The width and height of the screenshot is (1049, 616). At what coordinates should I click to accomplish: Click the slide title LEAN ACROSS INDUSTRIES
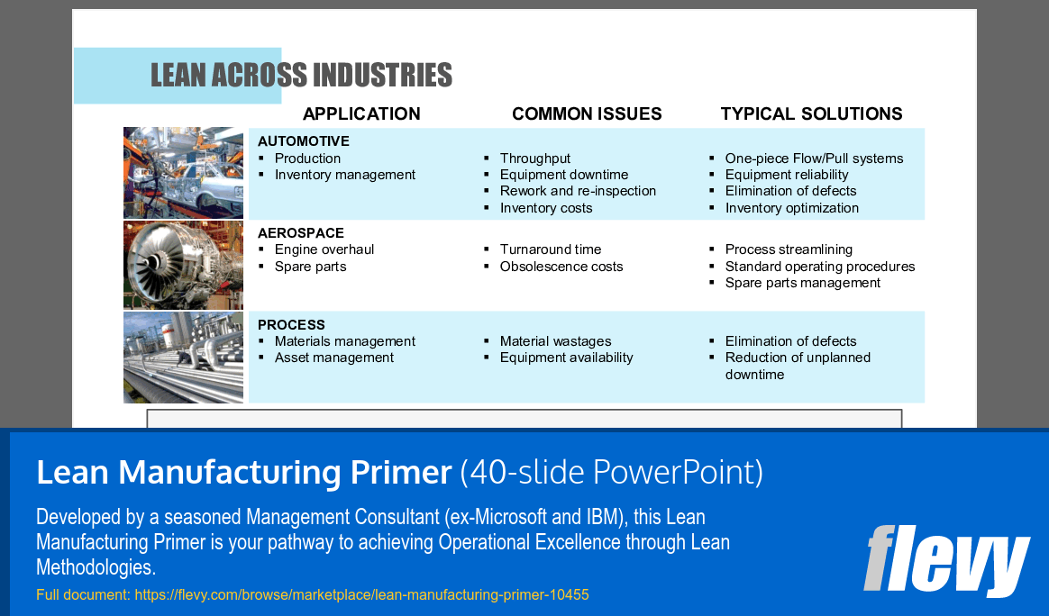click(x=301, y=76)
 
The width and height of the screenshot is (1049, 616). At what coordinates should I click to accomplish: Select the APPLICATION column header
click(x=361, y=114)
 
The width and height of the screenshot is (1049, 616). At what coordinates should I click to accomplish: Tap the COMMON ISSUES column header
click(x=587, y=114)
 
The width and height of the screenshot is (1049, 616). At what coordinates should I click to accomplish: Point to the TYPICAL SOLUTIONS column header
click(x=811, y=114)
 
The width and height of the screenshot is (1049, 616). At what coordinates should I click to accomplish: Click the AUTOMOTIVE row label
click(x=303, y=141)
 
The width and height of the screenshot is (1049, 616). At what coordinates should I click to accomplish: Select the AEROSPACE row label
click(x=300, y=232)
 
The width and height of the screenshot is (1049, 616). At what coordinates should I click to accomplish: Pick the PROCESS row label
click(x=291, y=324)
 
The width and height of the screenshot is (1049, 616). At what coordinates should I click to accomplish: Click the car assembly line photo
click(x=184, y=172)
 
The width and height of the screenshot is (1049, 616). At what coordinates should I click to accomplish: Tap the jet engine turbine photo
click(x=184, y=265)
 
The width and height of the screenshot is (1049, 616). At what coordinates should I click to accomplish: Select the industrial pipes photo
click(x=184, y=358)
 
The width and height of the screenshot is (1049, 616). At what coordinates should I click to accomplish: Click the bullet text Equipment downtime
click(x=564, y=175)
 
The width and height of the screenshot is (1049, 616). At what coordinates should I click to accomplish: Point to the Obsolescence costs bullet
click(x=561, y=267)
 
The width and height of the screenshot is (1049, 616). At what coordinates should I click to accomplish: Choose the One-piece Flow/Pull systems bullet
click(x=814, y=159)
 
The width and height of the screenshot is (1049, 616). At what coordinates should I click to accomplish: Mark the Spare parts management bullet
click(x=802, y=283)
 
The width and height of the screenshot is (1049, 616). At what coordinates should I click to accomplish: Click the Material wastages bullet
click(x=555, y=341)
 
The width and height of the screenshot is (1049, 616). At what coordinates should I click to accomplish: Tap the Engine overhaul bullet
click(x=324, y=249)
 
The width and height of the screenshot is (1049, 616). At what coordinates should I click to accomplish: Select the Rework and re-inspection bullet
click(x=578, y=191)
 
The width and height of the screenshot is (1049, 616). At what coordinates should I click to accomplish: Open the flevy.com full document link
click(x=361, y=595)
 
